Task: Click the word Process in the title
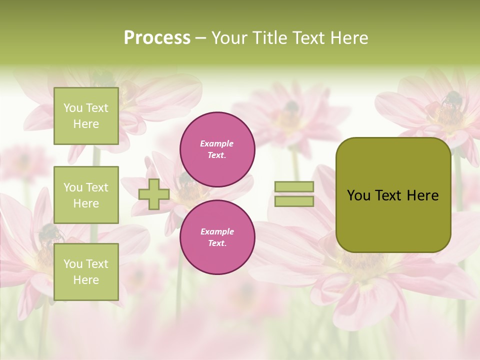pyautogui.click(x=157, y=38)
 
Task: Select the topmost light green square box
pyautogui.click(x=86, y=116)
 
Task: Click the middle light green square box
pyautogui.click(x=86, y=195)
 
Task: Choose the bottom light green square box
pyautogui.click(x=86, y=272)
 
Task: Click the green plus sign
pyautogui.click(x=154, y=194)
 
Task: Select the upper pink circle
pyautogui.click(x=217, y=149)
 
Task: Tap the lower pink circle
pyautogui.click(x=217, y=237)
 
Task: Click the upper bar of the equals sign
pyautogui.click(x=294, y=187)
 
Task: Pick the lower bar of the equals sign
pyautogui.click(x=294, y=201)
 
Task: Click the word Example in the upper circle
pyautogui.click(x=217, y=143)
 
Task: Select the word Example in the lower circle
pyautogui.click(x=217, y=231)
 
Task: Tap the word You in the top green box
pyautogui.click(x=73, y=108)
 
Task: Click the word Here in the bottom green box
pyautogui.click(x=86, y=280)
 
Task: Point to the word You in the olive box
pyautogui.click(x=359, y=195)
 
